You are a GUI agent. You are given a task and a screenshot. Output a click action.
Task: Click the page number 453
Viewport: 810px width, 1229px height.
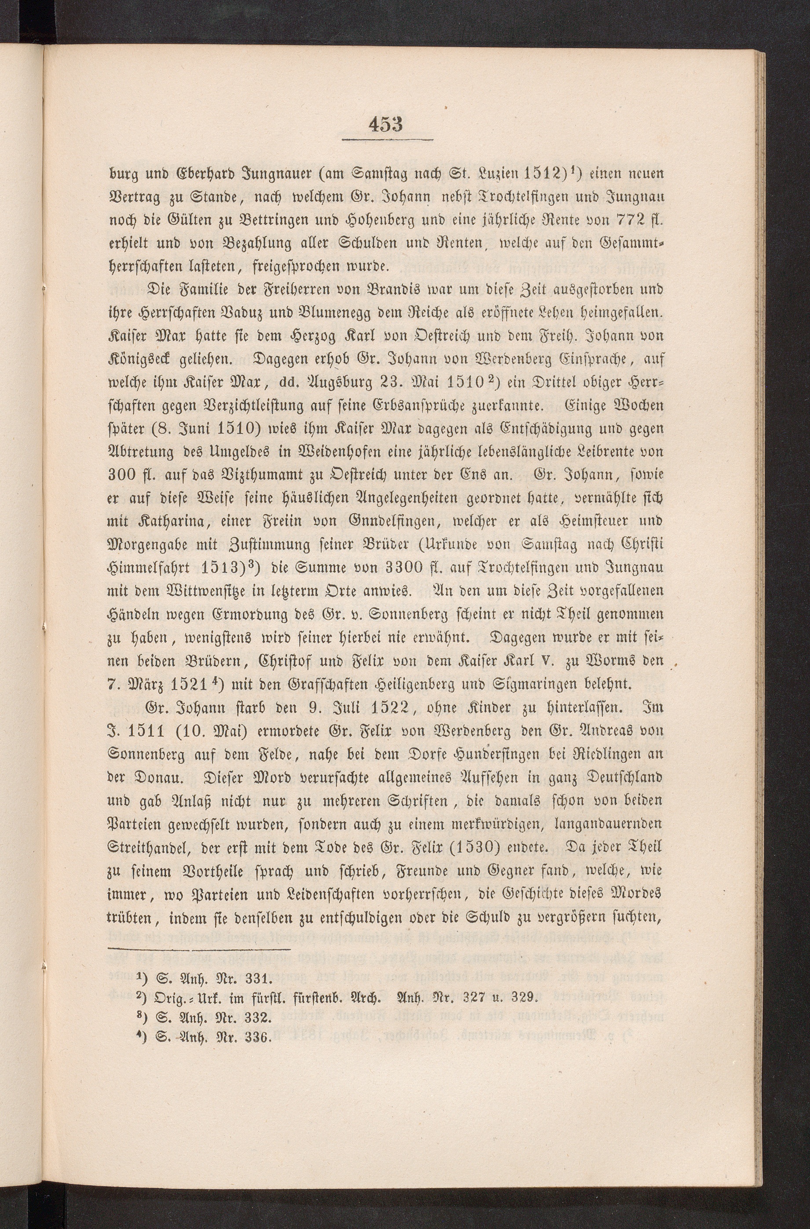click(387, 124)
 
